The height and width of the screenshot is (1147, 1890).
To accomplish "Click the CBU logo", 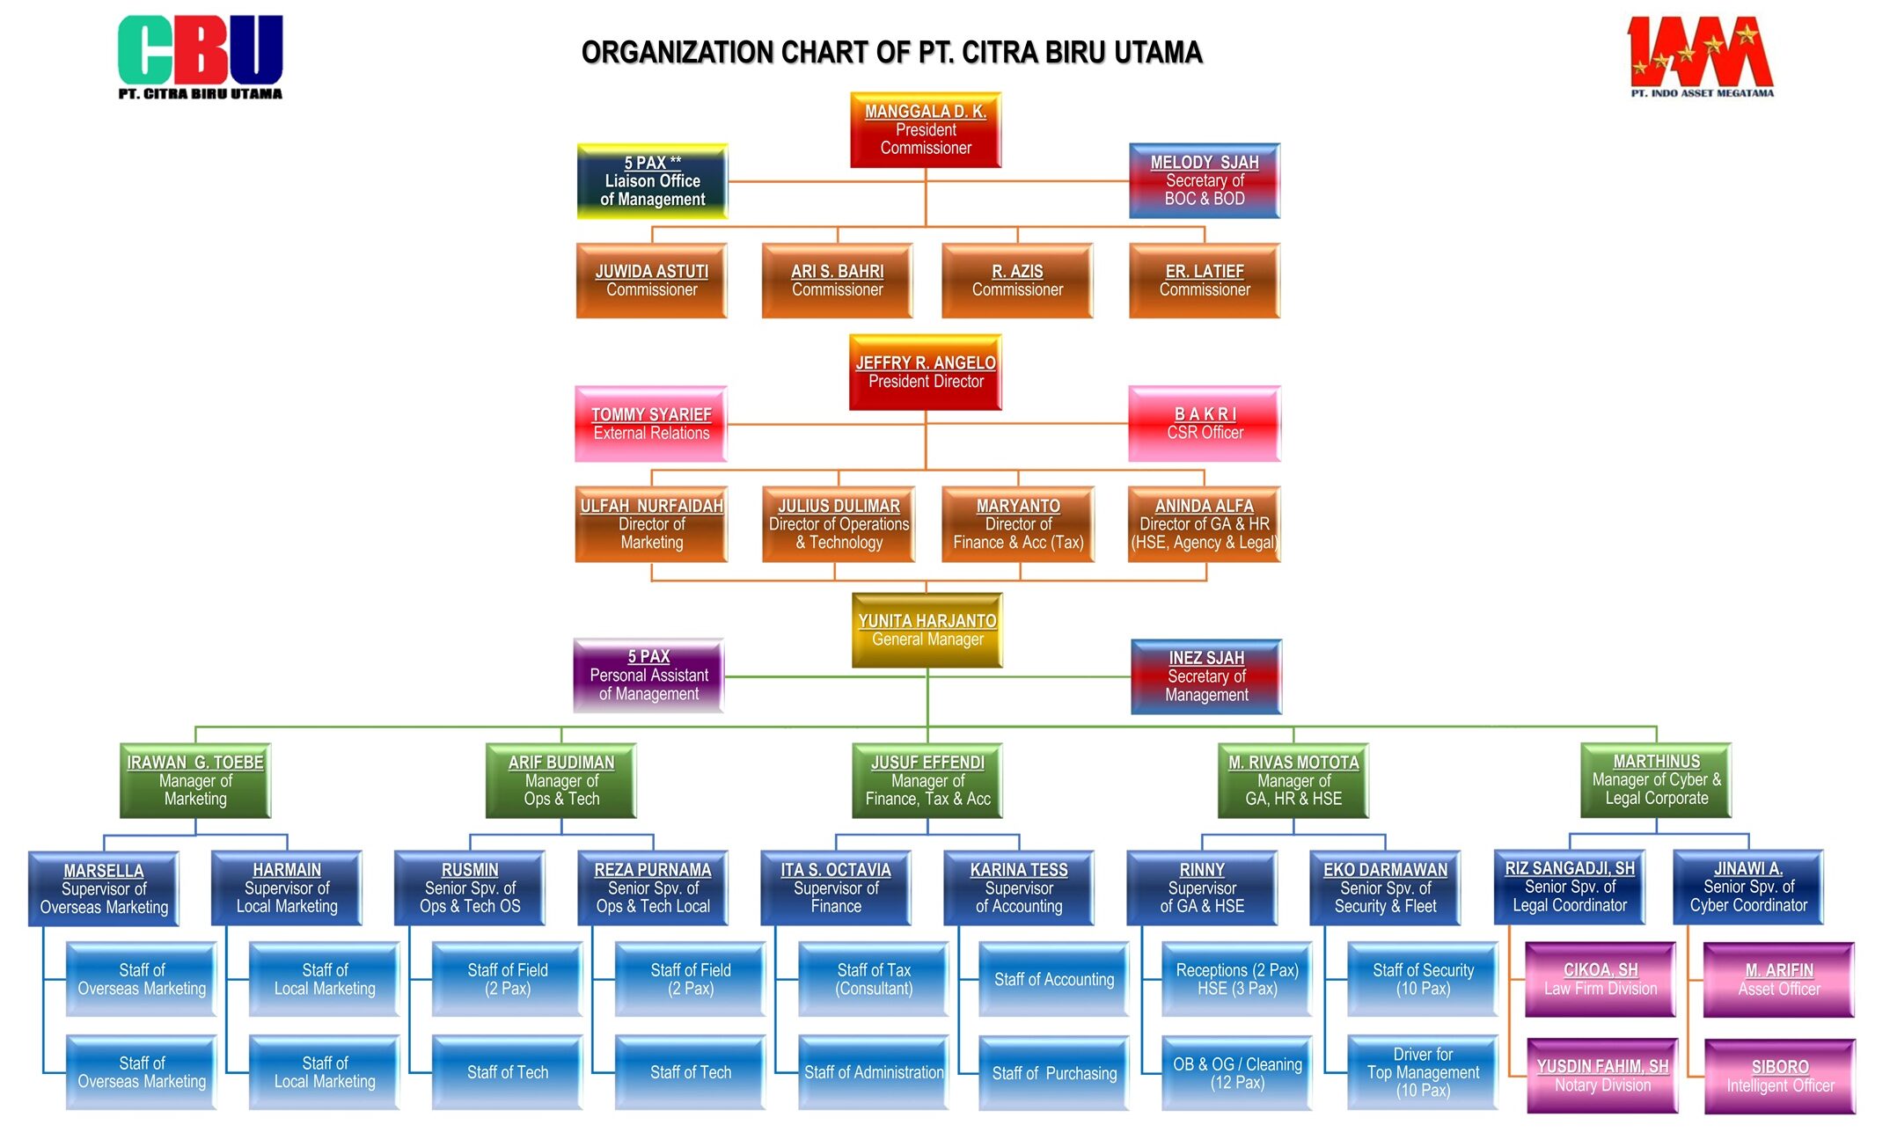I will [x=200, y=55].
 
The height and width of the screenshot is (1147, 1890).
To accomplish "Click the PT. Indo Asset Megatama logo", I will [x=1700, y=55].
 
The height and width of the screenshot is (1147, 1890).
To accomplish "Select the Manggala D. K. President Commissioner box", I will [x=926, y=130].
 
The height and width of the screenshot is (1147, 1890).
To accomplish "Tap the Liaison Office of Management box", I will [x=652, y=181].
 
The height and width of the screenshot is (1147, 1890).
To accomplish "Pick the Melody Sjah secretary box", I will [x=1204, y=180].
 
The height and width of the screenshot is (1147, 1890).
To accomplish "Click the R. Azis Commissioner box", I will [x=1017, y=281].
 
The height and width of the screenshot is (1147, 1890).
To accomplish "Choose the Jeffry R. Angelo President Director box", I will [x=926, y=372].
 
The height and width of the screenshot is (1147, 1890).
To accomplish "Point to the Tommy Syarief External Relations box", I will [x=651, y=424].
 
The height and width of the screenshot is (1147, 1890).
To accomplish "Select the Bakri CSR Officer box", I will [x=1205, y=423].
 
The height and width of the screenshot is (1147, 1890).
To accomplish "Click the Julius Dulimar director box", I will [x=839, y=524].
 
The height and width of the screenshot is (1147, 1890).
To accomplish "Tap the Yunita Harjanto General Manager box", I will [x=927, y=630].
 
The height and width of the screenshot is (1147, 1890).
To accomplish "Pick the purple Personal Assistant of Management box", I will [x=648, y=676].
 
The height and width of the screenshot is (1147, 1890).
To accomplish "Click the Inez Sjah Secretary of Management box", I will [x=1206, y=676].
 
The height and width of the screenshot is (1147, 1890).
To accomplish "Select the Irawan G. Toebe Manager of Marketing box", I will [x=195, y=780].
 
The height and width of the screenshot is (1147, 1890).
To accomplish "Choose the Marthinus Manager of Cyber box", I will [x=1656, y=780].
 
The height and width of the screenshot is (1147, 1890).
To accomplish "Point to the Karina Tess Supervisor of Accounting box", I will [x=1019, y=888].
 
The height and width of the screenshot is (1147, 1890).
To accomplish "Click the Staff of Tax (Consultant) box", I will [x=874, y=979].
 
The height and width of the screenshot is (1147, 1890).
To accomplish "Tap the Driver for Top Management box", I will [x=1423, y=1072].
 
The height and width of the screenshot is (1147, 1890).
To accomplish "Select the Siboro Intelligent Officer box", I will [x=1780, y=1077].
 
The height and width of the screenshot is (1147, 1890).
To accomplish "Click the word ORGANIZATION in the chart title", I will [x=678, y=53].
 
